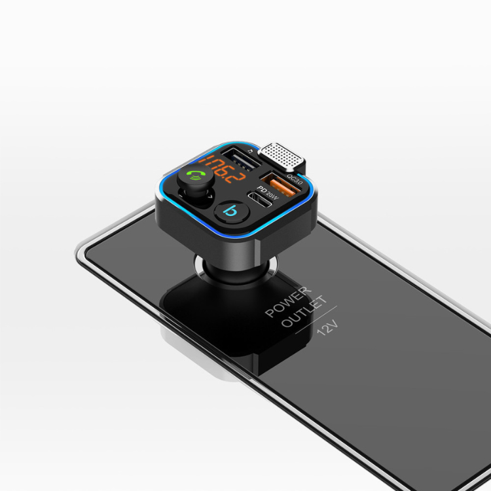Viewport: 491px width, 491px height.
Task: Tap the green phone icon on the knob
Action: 195,177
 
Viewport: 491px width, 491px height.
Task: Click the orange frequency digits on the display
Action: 221,169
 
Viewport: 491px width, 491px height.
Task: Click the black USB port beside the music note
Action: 241,159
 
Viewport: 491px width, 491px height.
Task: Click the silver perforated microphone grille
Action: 282,156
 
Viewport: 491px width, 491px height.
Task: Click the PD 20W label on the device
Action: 267,193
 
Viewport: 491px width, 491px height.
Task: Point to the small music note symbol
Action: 250,151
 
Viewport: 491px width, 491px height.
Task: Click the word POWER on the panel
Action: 289,301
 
